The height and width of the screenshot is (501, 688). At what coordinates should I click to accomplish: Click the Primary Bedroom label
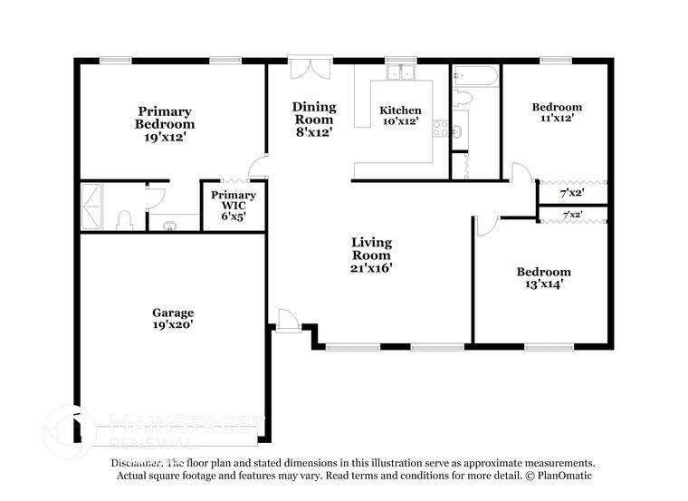point(165,118)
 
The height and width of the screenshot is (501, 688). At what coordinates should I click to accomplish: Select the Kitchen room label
point(400,111)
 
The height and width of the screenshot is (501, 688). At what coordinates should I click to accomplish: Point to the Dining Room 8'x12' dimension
point(313,131)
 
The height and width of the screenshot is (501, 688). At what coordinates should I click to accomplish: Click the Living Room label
point(371,248)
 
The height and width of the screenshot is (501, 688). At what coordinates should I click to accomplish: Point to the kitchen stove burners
point(441,130)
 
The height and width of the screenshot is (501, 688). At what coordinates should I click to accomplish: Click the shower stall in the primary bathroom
point(92,207)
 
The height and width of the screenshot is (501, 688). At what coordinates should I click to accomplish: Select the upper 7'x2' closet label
point(571,193)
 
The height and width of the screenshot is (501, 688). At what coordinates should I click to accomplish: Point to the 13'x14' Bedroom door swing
point(484,227)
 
